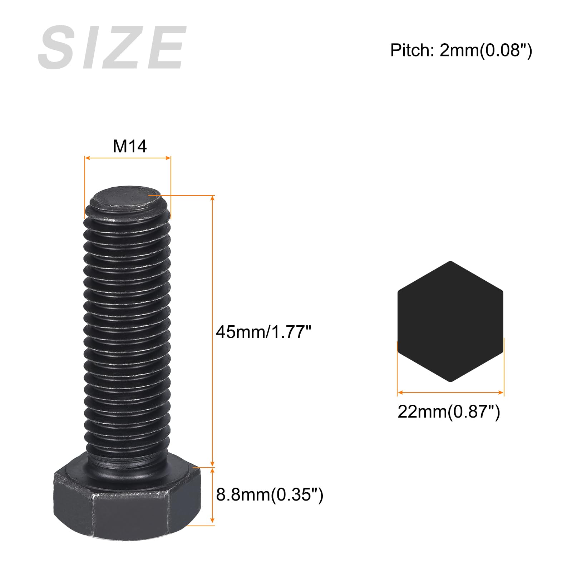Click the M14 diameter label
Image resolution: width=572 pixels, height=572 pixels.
click(130, 146)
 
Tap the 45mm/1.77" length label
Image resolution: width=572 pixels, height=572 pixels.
click(264, 332)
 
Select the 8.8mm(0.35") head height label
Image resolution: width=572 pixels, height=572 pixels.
click(270, 495)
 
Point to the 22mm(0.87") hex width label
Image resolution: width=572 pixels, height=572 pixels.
click(449, 412)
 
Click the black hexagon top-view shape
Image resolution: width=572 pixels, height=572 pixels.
click(450, 321)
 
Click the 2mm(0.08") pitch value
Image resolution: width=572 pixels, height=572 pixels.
click(486, 50)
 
